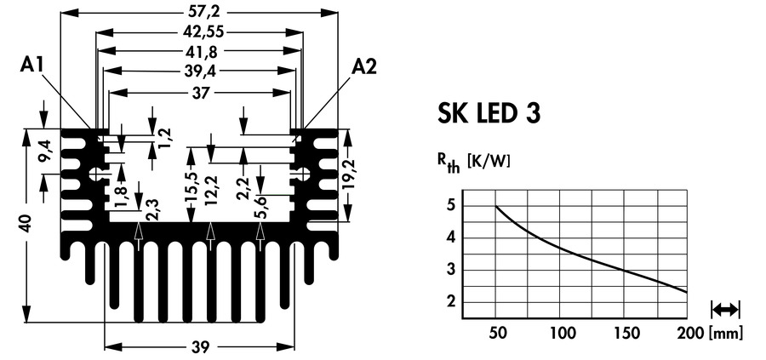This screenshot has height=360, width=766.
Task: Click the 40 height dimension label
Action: pyautogui.click(x=26, y=225)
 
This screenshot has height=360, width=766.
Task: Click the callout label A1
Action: pyautogui.click(x=34, y=67)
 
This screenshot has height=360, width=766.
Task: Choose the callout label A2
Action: pyautogui.click(x=364, y=66)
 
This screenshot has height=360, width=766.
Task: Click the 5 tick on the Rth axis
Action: pyautogui.click(x=450, y=206)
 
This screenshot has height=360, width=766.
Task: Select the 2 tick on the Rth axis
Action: pyautogui.click(x=450, y=303)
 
